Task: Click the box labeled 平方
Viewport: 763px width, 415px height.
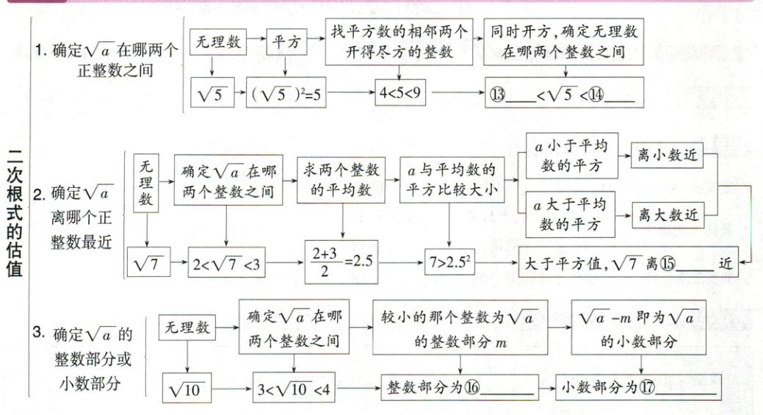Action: [287, 43]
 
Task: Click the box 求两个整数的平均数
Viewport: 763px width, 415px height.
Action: [342, 181]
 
